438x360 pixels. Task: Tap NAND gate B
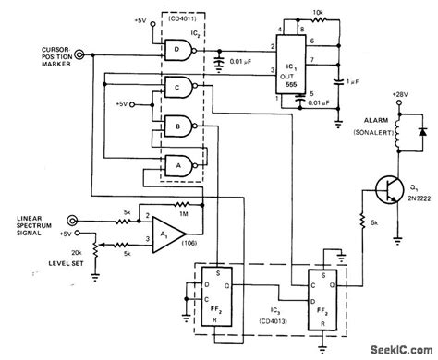174,125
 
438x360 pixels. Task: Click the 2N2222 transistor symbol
394,185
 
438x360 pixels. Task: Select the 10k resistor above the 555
319,27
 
